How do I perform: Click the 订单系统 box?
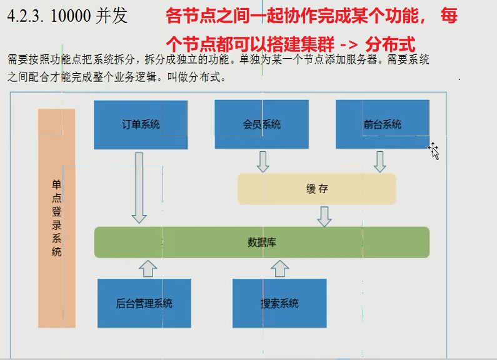pyautogui.click(x=141, y=124)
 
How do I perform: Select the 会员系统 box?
pyautogui.click(x=261, y=124)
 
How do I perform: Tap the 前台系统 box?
pyautogui.click(x=382, y=124)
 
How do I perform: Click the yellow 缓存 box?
pyautogui.click(x=317, y=189)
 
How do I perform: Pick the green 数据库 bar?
pyautogui.click(x=261, y=242)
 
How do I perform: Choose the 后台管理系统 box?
pyautogui.click(x=144, y=304)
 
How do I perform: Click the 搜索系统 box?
pyautogui.click(x=279, y=304)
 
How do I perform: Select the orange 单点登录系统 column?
pyautogui.click(x=57, y=219)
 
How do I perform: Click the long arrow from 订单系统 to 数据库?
pyautogui.click(x=139, y=187)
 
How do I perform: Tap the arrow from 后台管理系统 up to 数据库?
pyautogui.click(x=148, y=268)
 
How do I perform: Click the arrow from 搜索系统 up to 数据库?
pyautogui.click(x=279, y=268)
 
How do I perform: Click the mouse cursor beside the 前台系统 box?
pyautogui.click(x=433, y=150)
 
